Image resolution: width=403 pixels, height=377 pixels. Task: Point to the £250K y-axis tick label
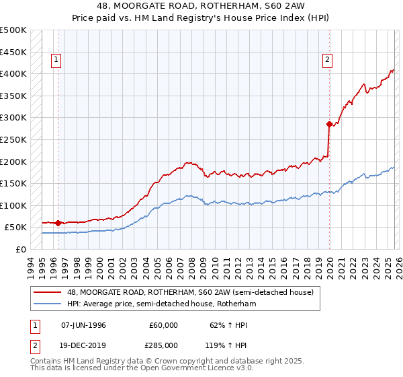[x=13, y=139]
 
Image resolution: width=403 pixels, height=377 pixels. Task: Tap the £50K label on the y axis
[x=15, y=228]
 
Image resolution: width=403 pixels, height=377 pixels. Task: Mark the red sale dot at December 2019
[x=329, y=124]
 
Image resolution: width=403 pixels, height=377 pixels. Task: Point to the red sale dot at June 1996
[x=58, y=223]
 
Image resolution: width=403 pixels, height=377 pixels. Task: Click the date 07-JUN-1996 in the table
[x=83, y=325]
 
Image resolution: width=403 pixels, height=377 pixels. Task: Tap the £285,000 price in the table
[x=164, y=344]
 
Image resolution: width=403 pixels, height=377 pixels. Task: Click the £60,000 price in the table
[x=164, y=325]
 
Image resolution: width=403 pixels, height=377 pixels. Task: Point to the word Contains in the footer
[x=46, y=362]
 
